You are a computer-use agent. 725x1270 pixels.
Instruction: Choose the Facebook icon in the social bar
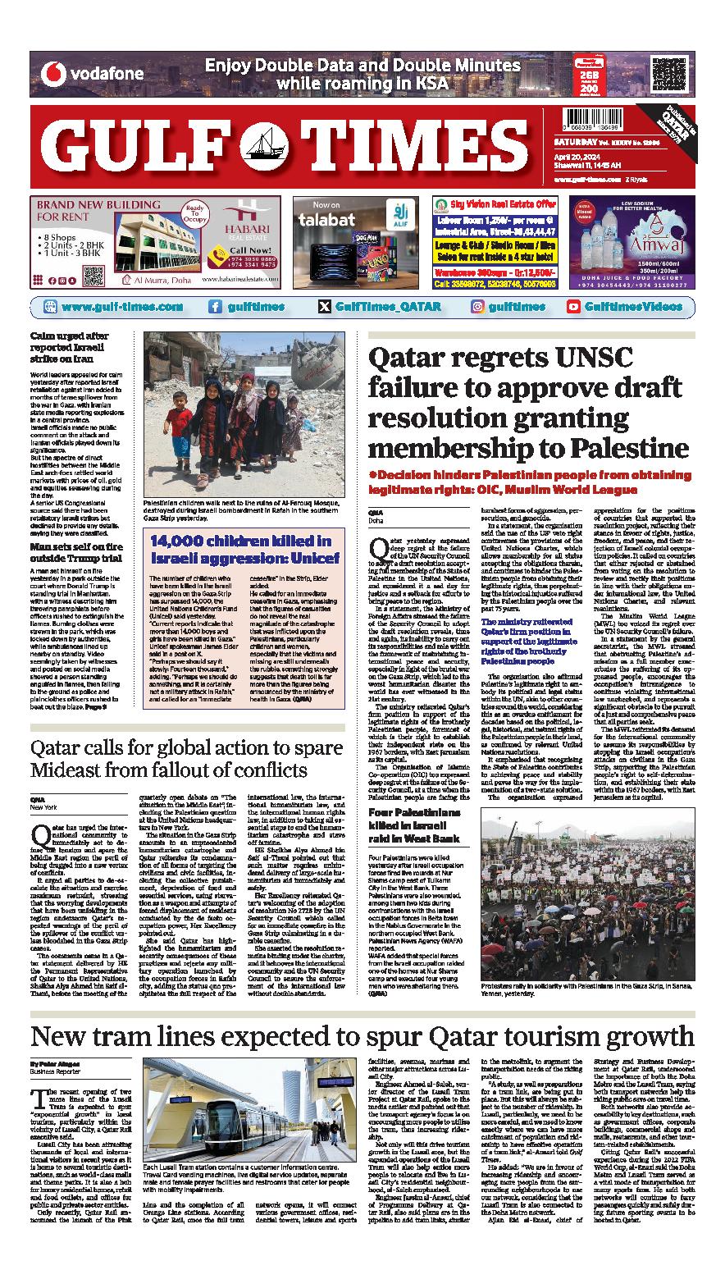(x=215, y=306)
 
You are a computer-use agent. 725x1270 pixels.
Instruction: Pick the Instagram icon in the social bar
(x=476, y=306)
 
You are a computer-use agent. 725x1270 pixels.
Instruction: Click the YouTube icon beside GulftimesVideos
(x=574, y=306)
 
